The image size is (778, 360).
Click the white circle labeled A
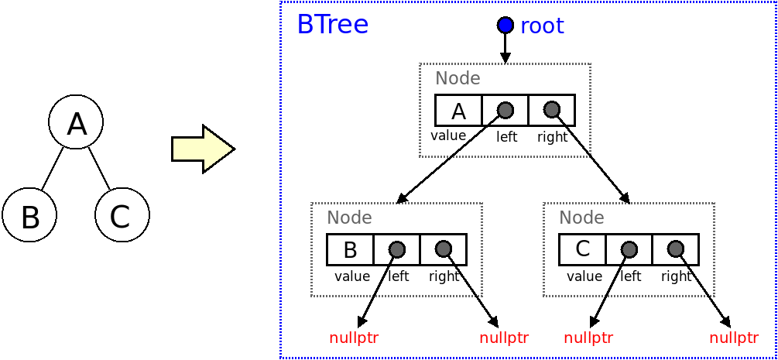tap(76, 122)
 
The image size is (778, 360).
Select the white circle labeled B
tap(29, 215)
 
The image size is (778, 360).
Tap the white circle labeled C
tap(122, 215)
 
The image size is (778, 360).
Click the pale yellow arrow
tap(202, 149)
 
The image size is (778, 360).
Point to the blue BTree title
tap(332, 25)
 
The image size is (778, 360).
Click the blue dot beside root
tap(506, 26)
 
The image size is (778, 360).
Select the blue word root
tap(542, 26)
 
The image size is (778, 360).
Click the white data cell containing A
tap(458, 111)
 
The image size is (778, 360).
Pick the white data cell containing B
tap(350, 250)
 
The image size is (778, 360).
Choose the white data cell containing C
tap(582, 250)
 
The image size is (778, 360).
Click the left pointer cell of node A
tap(505, 111)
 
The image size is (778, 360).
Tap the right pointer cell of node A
tap(551, 111)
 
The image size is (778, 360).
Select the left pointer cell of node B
tap(396, 250)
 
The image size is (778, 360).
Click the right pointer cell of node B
tap(443, 250)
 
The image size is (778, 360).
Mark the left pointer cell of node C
tap(629, 250)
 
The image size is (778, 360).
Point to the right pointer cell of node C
tap(675, 250)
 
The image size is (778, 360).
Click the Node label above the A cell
tap(458, 78)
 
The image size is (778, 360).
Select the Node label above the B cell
tap(349, 218)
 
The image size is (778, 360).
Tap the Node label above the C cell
tap(581, 218)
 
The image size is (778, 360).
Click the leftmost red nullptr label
tap(354, 338)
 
